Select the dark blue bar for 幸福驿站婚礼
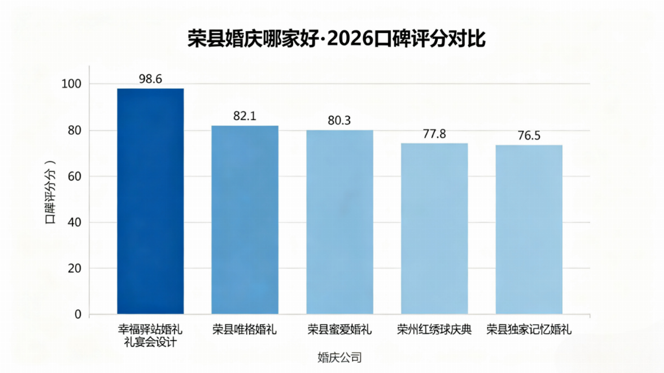click(x=150, y=201)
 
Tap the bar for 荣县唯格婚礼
click(x=245, y=220)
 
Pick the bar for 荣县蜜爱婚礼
click(x=340, y=222)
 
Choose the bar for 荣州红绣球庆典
click(x=434, y=228)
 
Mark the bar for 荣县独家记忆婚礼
click(x=528, y=230)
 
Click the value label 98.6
click(x=150, y=78)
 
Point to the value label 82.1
click(x=245, y=116)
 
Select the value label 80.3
click(x=340, y=121)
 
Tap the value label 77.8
click(x=434, y=134)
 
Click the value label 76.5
click(x=528, y=136)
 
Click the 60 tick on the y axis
click(x=75, y=176)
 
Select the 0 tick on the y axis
click(x=78, y=315)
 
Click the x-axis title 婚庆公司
click(x=339, y=357)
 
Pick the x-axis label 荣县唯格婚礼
click(x=245, y=330)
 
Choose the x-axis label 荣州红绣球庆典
click(x=434, y=330)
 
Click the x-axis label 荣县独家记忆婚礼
click(x=528, y=330)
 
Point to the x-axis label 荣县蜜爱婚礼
click(x=340, y=330)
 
